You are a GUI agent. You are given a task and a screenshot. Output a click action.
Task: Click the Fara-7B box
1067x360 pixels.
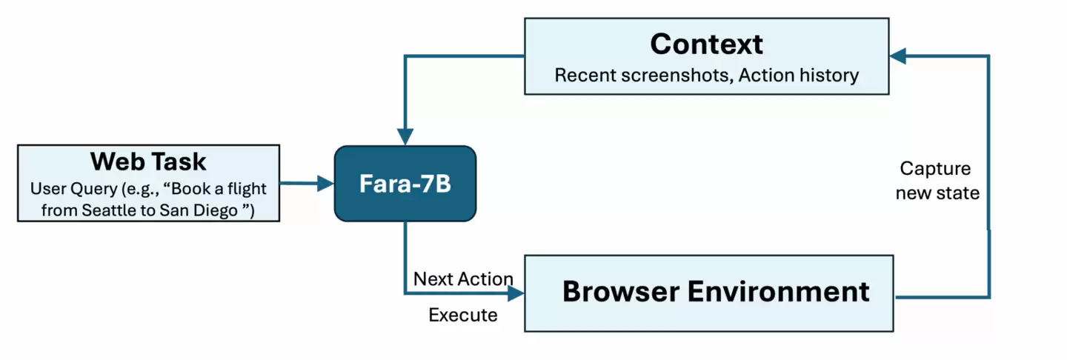[405, 184]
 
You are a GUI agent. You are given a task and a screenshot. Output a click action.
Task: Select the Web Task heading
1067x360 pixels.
[148, 161]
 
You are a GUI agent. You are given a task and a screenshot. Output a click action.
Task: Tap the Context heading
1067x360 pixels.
[706, 44]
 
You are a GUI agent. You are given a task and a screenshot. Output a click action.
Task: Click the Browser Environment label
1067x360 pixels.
[715, 291]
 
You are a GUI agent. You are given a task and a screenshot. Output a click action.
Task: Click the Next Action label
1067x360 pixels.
[463, 279]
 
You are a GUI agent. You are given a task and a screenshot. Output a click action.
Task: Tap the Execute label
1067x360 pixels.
[463, 315]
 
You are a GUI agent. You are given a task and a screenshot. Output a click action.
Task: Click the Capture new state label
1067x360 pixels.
[937, 181]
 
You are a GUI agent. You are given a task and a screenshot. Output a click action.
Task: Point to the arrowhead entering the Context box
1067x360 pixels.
[898, 56]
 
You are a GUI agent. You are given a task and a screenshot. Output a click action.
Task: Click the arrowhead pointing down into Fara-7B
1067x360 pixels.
[405, 137]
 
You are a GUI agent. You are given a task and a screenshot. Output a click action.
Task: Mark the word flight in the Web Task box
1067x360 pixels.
[249, 188]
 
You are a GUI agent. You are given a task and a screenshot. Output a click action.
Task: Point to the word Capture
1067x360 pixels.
[935, 168]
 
